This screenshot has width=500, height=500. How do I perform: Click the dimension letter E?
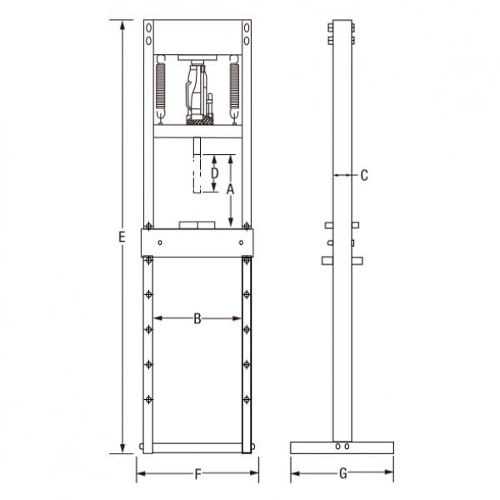[x=122, y=237]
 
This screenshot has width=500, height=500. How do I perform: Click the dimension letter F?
[x=198, y=474]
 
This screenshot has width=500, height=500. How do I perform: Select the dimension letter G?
[x=343, y=473]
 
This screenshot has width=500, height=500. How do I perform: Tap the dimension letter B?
[x=197, y=318]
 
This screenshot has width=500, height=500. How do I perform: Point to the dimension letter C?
[x=364, y=175]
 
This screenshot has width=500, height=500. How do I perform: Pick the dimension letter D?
[x=215, y=173]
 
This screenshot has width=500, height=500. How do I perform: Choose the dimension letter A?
[x=230, y=189]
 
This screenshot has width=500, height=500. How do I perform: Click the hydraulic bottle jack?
[x=200, y=92]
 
